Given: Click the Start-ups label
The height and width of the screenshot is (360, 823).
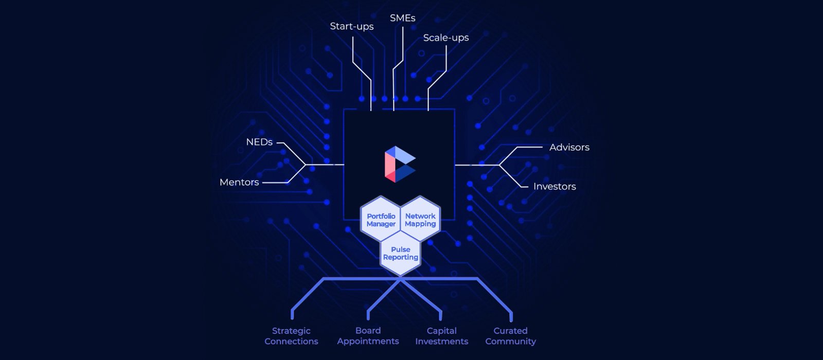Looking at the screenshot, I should click(x=352, y=26).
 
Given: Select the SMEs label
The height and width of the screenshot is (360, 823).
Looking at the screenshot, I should click(x=402, y=18).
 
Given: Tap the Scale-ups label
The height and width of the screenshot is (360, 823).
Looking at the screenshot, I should click(x=446, y=38).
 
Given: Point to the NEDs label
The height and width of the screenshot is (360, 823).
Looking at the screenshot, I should click(x=259, y=142).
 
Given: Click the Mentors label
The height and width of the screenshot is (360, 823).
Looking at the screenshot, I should click(x=239, y=182).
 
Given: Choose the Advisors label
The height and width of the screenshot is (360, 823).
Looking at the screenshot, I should click(x=569, y=147).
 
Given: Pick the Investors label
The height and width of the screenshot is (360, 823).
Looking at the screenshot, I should click(x=554, y=186).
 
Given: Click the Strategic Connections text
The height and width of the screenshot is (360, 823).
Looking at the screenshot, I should click(x=291, y=336).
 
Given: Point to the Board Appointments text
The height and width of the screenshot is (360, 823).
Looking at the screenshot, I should click(x=368, y=336).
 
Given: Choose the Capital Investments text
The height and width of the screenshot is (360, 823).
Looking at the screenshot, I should click(x=441, y=336).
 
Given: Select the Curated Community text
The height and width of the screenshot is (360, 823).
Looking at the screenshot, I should click(x=510, y=336).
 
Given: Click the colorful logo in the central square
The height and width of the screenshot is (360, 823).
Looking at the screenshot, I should click(x=400, y=164).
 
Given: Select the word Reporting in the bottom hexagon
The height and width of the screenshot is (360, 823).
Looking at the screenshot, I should click(x=401, y=257).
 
